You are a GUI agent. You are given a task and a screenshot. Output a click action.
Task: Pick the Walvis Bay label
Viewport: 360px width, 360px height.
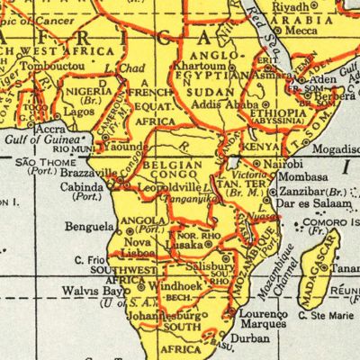click(92, 292)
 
